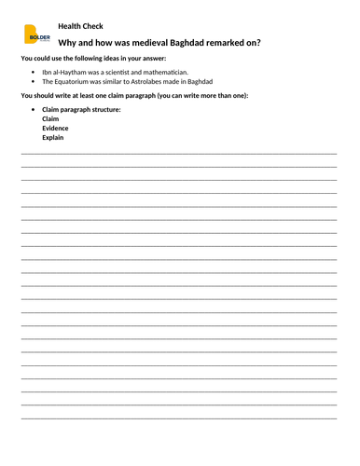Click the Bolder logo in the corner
click(x=37, y=35)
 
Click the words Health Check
click(x=80, y=25)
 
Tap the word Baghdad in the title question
click(x=186, y=43)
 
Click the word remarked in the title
click(x=227, y=43)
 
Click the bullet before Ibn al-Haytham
click(x=34, y=72)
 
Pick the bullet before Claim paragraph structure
click(x=34, y=109)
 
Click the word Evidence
click(x=57, y=128)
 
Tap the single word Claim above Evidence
click(x=50, y=118)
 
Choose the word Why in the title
click(x=68, y=43)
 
